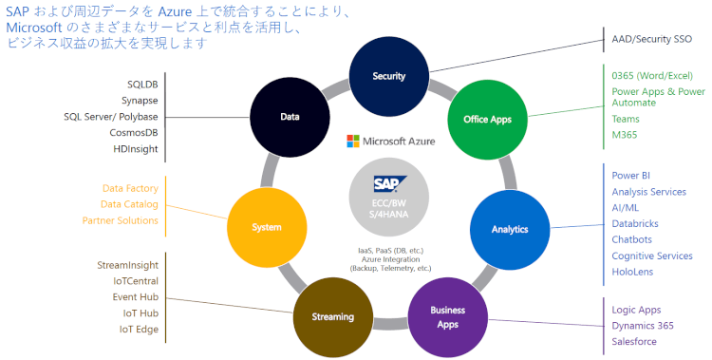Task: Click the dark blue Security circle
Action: click(389, 76)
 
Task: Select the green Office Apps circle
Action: click(487, 120)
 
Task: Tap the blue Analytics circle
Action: click(510, 230)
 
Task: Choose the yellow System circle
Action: click(267, 228)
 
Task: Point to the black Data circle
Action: click(290, 118)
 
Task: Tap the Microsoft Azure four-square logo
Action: click(354, 142)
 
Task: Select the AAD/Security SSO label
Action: click(651, 41)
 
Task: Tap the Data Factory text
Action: click(130, 188)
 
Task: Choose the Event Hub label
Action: click(135, 296)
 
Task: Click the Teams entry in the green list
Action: click(626, 119)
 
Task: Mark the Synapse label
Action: click(140, 100)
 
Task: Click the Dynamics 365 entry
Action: click(643, 326)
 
